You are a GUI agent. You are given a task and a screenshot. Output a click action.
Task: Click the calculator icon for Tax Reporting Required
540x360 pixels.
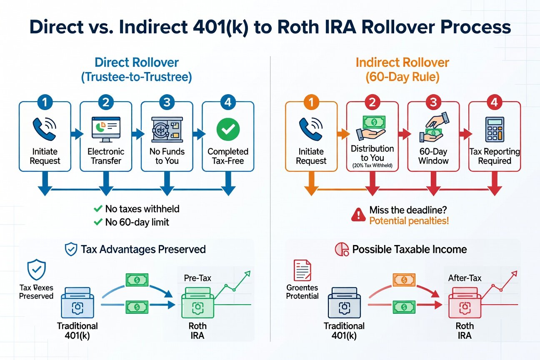(495, 130)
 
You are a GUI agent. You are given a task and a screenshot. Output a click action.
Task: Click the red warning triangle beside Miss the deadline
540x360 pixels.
(358, 215)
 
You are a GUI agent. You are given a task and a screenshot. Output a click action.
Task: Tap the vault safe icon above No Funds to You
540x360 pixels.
(167, 129)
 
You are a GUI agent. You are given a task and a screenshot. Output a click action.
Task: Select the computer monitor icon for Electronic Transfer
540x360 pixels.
(105, 130)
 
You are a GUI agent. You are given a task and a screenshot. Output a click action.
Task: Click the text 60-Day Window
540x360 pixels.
(433, 156)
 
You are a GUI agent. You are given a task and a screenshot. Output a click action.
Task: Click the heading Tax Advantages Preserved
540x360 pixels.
(143, 249)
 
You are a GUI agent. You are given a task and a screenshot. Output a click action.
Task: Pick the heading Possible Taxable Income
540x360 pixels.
(410, 249)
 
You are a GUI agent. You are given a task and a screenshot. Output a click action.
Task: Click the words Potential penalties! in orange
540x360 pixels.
(409, 220)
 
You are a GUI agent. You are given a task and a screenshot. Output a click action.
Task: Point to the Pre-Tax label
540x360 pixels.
(197, 278)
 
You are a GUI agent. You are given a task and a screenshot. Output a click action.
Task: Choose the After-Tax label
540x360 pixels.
(464, 278)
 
